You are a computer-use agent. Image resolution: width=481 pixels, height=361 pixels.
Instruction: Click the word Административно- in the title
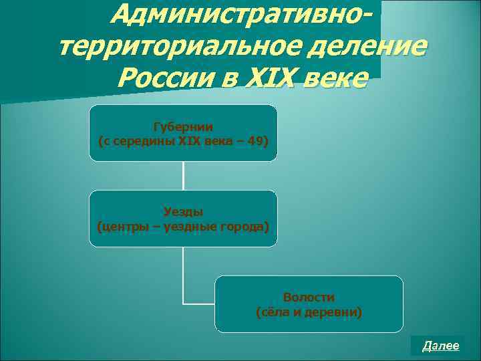(x=240, y=15)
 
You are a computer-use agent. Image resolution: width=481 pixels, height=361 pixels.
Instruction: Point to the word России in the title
(x=163, y=79)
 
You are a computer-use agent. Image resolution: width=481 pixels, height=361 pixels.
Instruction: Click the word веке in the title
(x=335, y=79)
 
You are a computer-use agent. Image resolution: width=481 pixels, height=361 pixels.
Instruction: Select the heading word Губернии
(x=183, y=126)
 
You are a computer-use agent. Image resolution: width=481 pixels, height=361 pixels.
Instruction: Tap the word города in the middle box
(x=247, y=227)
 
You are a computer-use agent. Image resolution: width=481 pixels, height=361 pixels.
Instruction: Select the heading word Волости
(x=309, y=297)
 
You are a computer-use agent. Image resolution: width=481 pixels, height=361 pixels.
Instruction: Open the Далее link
(x=441, y=346)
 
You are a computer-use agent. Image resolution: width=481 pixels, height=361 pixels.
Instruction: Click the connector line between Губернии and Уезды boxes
(x=183, y=176)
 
